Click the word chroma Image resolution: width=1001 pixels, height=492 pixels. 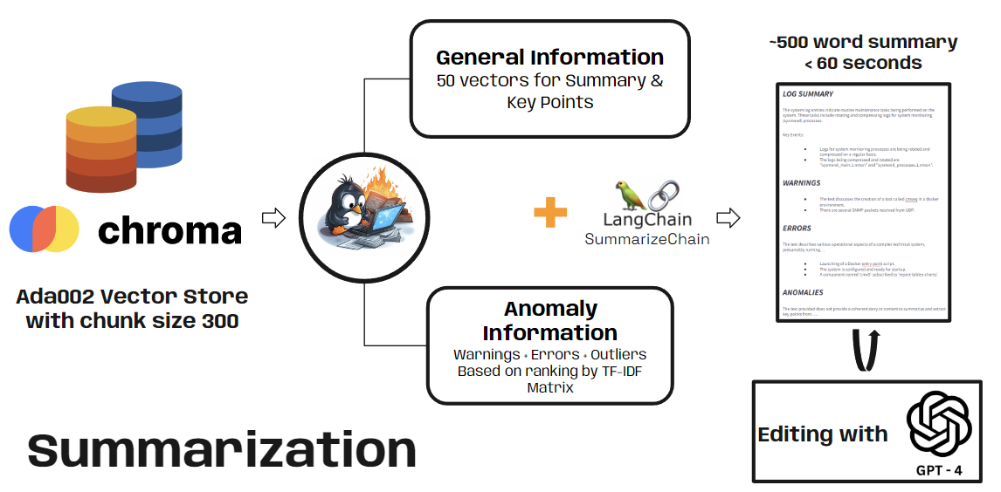coord(169,231)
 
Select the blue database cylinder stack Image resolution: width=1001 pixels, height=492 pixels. coord(147,124)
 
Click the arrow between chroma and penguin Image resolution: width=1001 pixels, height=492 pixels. coord(274,218)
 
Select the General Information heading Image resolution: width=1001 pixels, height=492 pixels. coord(549,58)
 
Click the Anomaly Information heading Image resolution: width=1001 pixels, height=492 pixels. coord(549,320)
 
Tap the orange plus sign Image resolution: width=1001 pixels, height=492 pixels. coord(550,213)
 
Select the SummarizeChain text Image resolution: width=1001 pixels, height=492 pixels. coord(647,238)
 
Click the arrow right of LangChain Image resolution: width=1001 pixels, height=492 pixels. coord(727,217)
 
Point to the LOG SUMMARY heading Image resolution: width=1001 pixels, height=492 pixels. coord(808,94)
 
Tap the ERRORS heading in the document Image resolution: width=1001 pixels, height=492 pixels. coord(797,229)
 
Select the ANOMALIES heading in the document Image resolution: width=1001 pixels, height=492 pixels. coord(804,292)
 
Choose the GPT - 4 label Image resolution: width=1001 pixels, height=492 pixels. coord(939,470)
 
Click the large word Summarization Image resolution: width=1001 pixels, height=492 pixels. coord(222,450)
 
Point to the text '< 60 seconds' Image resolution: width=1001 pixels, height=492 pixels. coord(863,63)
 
